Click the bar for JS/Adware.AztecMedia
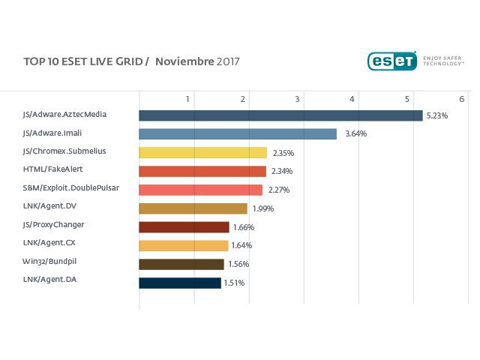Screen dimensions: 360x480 pyautogui.click(x=280, y=115)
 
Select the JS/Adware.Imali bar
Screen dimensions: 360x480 pyautogui.click(x=238, y=134)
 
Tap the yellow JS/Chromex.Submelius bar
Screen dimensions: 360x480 pyautogui.click(x=202, y=152)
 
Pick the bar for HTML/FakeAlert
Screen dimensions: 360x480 pyautogui.click(x=202, y=171)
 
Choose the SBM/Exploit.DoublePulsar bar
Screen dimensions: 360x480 pyautogui.click(x=200, y=190)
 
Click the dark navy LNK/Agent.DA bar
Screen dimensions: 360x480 pyautogui.click(x=180, y=283)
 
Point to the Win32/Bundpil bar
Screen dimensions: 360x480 pyautogui.click(x=181, y=264)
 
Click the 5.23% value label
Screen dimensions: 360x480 pyautogui.click(x=436, y=116)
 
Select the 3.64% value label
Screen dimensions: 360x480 pyautogui.click(x=355, y=134)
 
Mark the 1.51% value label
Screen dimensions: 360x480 pyautogui.click(x=234, y=283)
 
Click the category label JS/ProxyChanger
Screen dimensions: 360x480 pyautogui.click(x=54, y=224)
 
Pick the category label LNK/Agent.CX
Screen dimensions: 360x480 pyautogui.click(x=49, y=242)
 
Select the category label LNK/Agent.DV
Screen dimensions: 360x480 pyautogui.click(x=50, y=205)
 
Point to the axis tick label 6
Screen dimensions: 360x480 pyautogui.click(x=461, y=99)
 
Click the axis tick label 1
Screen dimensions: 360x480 pyautogui.click(x=188, y=99)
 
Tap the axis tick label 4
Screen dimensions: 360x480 pyautogui.click(x=352, y=99)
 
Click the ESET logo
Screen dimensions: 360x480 pyautogui.click(x=391, y=61)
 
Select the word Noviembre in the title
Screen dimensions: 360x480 pyautogui.click(x=184, y=61)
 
